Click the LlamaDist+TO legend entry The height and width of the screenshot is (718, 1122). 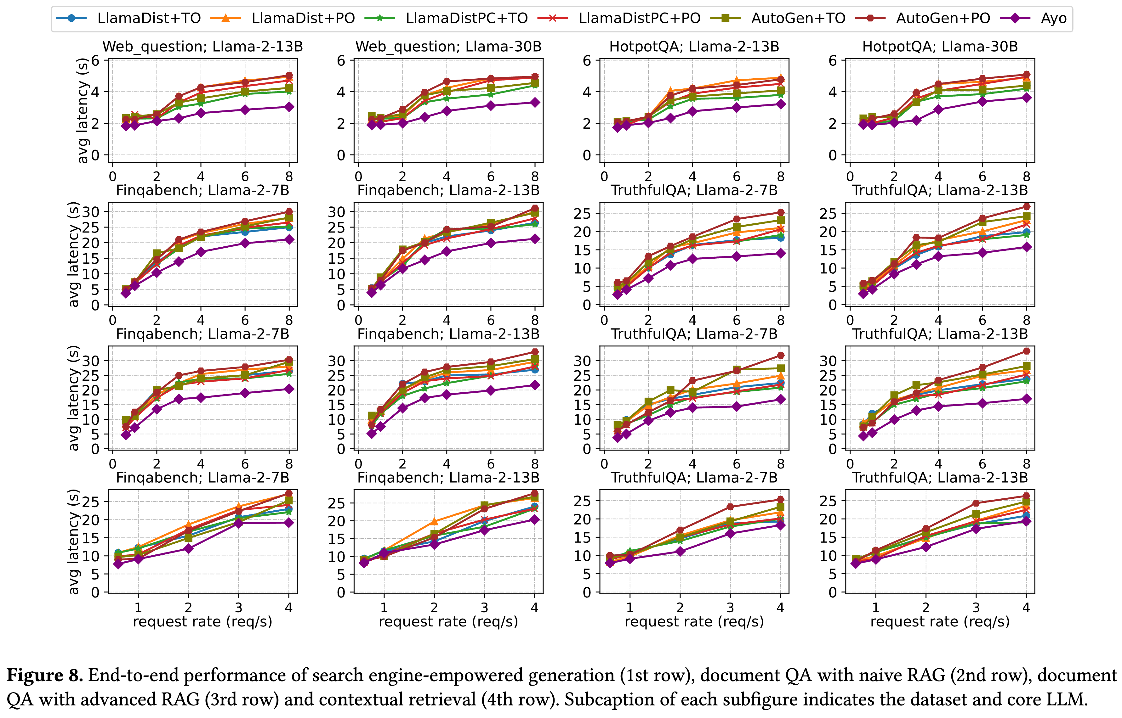click(148, 18)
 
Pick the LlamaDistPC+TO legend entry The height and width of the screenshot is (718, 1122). click(466, 18)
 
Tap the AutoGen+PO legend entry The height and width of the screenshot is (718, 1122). click(943, 18)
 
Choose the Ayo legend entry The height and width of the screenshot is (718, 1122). click(1053, 18)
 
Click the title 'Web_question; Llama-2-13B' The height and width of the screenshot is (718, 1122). click(202, 47)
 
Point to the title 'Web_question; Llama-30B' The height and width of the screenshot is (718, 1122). click(448, 47)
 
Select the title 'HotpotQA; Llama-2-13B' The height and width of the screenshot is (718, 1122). click(694, 47)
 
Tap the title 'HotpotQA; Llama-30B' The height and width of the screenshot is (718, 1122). click(940, 47)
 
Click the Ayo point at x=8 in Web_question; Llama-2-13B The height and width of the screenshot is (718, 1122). click(289, 107)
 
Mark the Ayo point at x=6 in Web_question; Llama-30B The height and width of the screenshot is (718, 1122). click(491, 106)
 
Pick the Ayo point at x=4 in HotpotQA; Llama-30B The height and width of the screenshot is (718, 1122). click(938, 109)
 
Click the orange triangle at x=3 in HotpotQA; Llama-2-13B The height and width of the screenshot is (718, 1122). click(670, 91)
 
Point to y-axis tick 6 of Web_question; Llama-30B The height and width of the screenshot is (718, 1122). click(341, 61)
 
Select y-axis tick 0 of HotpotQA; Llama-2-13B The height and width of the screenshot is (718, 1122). click(587, 155)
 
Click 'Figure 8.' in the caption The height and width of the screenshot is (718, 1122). click(45, 676)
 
